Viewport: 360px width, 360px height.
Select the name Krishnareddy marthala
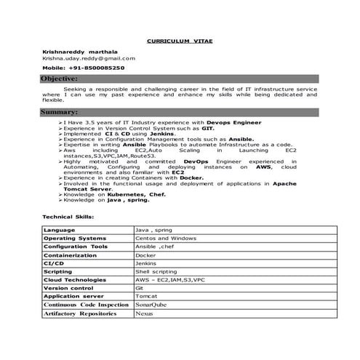79,52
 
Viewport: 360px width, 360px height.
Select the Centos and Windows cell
166,238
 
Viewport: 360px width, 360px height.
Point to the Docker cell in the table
146,255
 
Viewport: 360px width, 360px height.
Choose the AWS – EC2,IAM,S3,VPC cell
170,280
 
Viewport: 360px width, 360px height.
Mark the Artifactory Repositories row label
79,313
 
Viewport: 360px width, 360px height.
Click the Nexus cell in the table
145,313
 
